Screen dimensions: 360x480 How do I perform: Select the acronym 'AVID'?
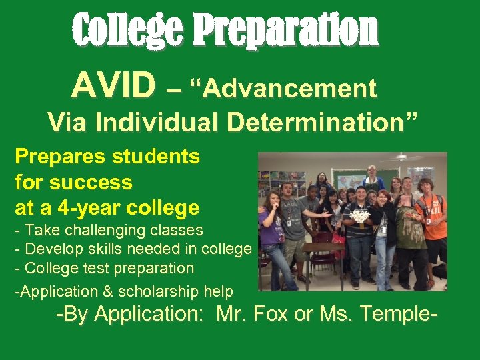click(114, 86)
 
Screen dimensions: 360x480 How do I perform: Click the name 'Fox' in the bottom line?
click(269, 315)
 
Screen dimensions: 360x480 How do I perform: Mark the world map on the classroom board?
click(349, 179)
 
